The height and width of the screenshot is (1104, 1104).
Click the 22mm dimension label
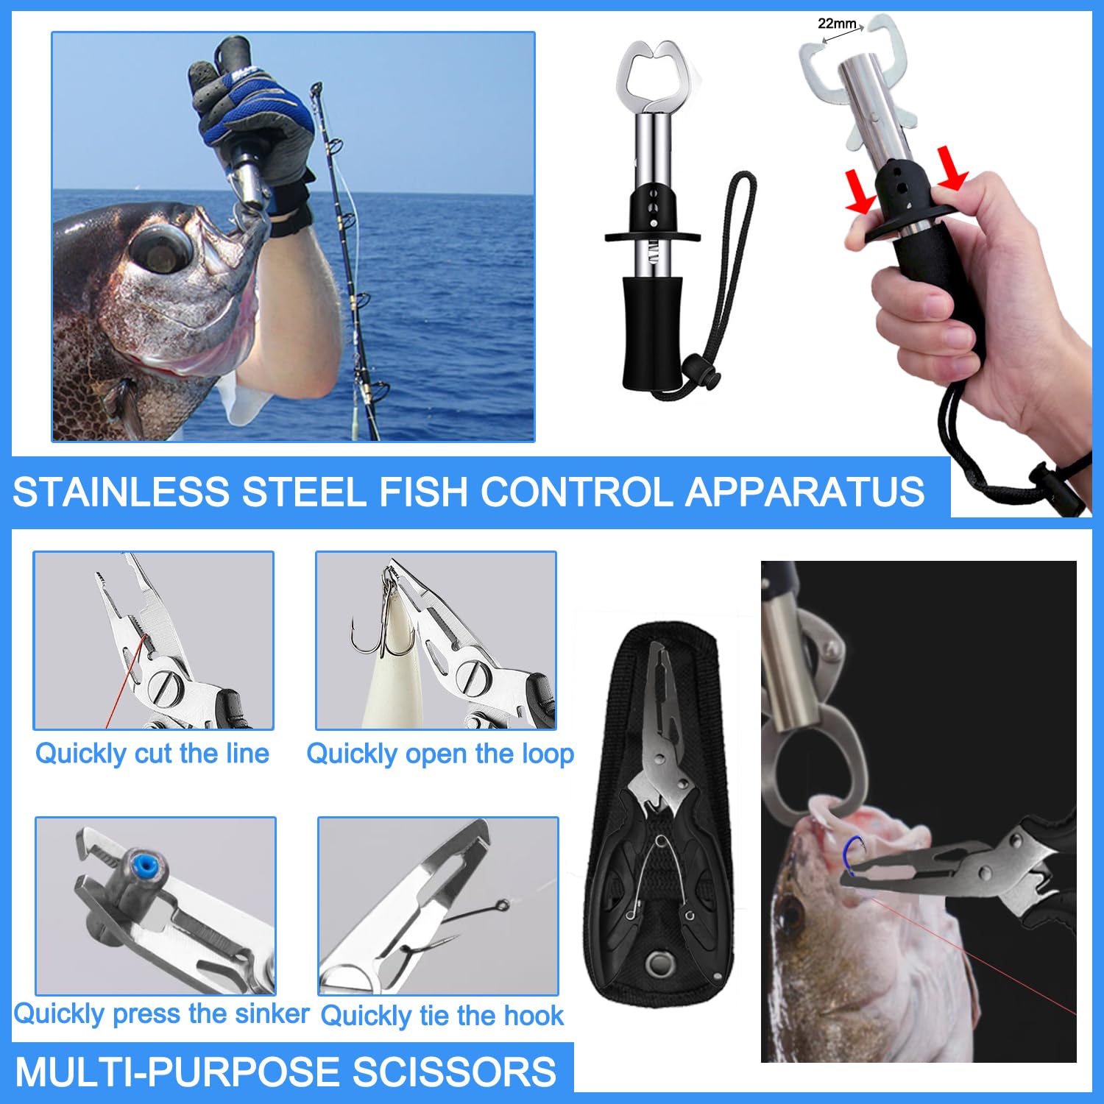tap(837, 24)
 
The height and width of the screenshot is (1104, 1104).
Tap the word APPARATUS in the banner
tap(805, 492)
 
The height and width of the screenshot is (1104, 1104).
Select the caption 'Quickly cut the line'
tap(152, 754)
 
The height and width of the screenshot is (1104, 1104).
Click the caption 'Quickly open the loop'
tap(440, 754)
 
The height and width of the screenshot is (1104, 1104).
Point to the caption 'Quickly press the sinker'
tap(162, 1014)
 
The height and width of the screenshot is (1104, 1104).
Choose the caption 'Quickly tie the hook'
tap(442, 1016)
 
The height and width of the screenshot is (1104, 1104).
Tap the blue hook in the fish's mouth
tap(852, 855)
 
